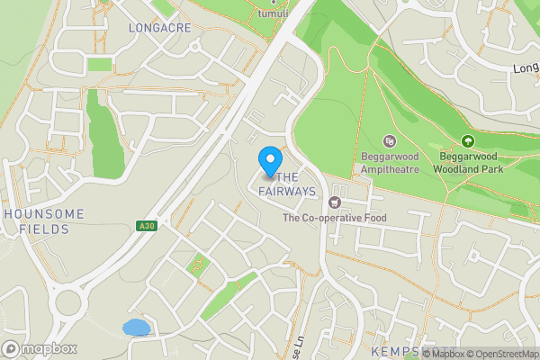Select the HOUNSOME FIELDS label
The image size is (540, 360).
tap(44, 221)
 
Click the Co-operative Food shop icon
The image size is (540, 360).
tap(335, 201)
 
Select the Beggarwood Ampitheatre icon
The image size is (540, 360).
tap(390, 141)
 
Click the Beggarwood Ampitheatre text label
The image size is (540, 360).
tap(391, 163)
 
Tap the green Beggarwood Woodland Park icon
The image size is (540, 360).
tap(467, 141)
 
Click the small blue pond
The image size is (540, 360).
tap(136, 327)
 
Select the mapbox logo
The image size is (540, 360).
tap(40, 348)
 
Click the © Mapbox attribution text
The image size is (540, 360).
tap(439, 354)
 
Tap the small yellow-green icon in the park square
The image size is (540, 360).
tap(197, 265)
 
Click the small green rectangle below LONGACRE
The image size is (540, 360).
tap(100, 65)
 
